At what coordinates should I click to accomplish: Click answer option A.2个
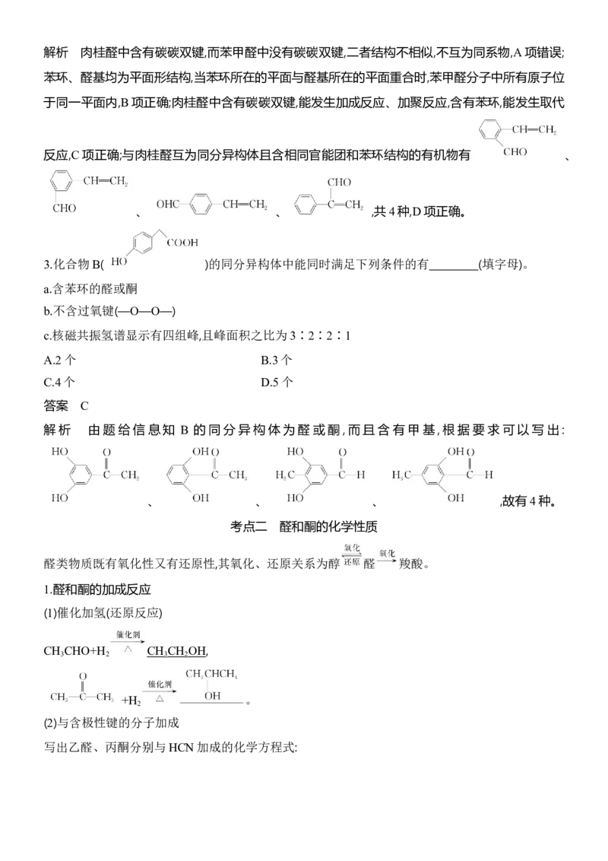coord(59,360)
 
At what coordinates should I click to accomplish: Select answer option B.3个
coord(277,360)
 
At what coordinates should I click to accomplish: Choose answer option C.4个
coord(59,382)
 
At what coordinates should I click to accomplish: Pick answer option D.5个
coord(277,382)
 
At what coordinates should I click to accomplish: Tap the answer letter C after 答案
coord(84,406)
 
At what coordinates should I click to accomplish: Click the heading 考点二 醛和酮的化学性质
coord(303,526)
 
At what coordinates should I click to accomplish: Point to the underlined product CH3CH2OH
coord(176,651)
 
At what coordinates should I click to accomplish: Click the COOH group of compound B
coord(182,242)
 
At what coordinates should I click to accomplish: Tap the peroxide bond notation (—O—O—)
coord(145,311)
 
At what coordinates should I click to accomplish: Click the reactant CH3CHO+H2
coord(76,651)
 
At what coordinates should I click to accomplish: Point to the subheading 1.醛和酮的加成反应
coord(97,589)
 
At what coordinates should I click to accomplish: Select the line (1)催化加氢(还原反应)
coord(103,613)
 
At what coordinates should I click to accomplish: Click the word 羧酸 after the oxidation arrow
coord(411,564)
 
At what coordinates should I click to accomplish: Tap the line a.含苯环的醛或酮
coord(90,289)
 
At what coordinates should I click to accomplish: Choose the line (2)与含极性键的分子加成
coord(112,723)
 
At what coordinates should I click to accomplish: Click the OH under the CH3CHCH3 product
coord(212,696)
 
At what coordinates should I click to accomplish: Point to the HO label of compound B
coord(119,262)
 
